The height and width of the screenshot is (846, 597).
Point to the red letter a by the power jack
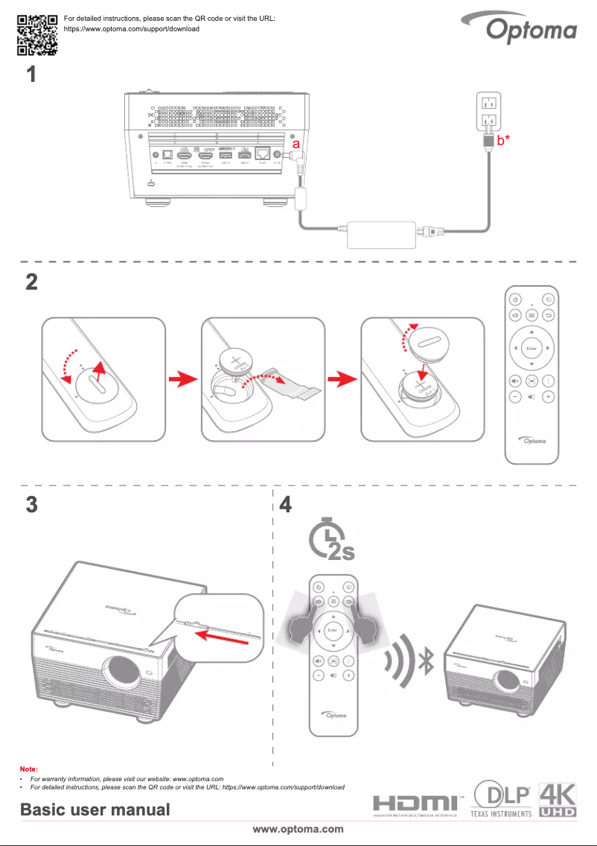pyautogui.click(x=296, y=141)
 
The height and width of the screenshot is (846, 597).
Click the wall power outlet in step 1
pyautogui.click(x=489, y=111)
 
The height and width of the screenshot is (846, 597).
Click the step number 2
pyautogui.click(x=31, y=283)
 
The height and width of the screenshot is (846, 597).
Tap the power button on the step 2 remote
pyautogui.click(x=514, y=299)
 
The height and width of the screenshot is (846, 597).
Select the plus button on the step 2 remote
pyautogui.click(x=548, y=397)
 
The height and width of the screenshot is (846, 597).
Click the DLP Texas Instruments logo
pyautogui.click(x=502, y=798)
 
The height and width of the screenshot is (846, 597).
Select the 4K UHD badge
pyautogui.click(x=558, y=799)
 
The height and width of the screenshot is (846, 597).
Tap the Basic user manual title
pyautogui.click(x=95, y=810)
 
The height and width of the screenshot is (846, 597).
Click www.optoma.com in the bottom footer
pyautogui.click(x=298, y=829)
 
